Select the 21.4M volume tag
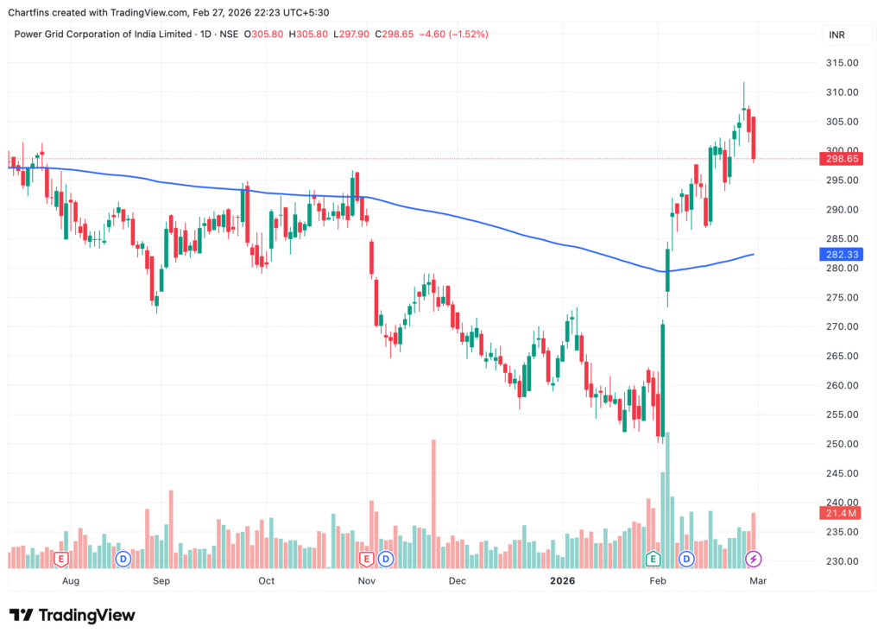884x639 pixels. point(837,514)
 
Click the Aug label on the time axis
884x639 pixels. point(71,581)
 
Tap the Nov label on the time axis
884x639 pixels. point(368,581)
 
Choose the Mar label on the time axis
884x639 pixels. point(757,581)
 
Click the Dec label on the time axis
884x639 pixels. point(457,581)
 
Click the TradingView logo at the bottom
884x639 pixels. point(73,615)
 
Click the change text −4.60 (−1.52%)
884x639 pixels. point(453,35)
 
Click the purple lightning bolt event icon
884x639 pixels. point(753,559)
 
